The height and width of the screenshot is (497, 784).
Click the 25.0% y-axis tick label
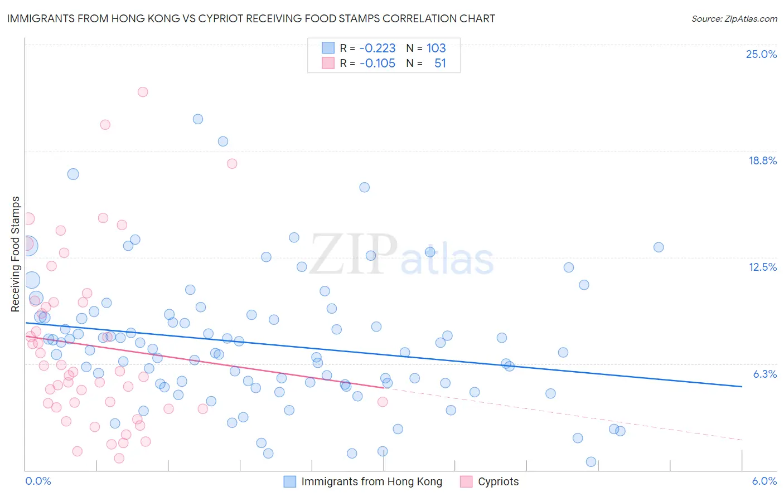click(x=761, y=54)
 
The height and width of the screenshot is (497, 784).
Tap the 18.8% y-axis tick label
click(x=762, y=160)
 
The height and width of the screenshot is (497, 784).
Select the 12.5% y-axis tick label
click(x=762, y=267)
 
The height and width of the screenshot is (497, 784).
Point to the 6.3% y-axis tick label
click(x=764, y=374)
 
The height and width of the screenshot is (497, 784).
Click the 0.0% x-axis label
click(x=38, y=481)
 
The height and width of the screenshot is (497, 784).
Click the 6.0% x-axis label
click(x=764, y=481)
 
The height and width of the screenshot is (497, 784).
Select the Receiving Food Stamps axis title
click(x=16, y=254)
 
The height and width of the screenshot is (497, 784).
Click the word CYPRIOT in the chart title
click(x=224, y=18)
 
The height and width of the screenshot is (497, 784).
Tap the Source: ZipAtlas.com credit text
click(x=734, y=18)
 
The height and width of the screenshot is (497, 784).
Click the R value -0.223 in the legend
click(x=377, y=48)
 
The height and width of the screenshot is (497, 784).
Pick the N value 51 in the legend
click(x=440, y=64)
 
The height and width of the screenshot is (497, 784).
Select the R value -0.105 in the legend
click(x=377, y=64)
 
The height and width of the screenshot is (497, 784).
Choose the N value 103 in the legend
click(x=436, y=48)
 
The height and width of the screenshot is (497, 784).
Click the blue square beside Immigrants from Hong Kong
click(x=289, y=481)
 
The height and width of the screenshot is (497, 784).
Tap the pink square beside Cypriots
click(x=466, y=481)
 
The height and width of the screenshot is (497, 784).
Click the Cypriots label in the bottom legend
click(x=498, y=481)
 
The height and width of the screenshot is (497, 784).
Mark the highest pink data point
click(x=143, y=92)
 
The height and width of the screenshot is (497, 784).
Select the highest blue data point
click(x=198, y=119)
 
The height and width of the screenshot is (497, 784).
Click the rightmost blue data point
click(x=659, y=247)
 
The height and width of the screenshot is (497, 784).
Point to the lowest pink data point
click(x=119, y=458)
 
